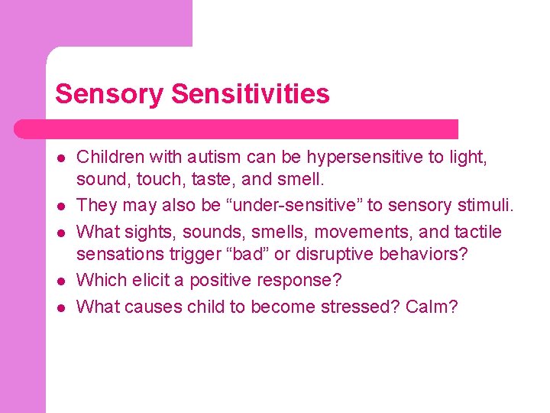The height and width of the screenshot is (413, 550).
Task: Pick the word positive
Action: (x=218, y=281)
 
